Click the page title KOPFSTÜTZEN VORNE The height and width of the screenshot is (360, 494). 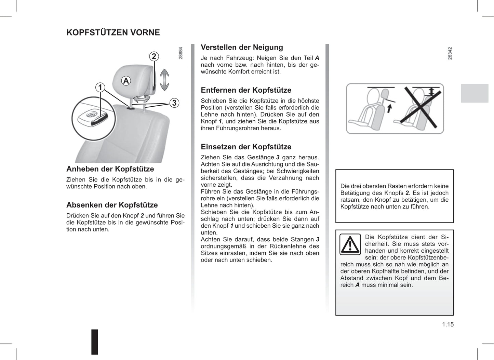click(x=113, y=32)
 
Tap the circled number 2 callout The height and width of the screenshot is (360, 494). click(x=154, y=56)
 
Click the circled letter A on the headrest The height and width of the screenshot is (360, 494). click(x=126, y=81)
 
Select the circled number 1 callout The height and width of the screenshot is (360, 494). click(x=100, y=88)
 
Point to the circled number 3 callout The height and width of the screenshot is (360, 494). click(x=174, y=103)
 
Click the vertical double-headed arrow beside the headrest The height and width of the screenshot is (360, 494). click(x=164, y=79)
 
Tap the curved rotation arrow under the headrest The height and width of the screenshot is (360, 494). click(x=141, y=99)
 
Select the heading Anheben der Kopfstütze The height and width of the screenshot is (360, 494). click(x=110, y=169)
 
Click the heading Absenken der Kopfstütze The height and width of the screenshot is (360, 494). click(x=112, y=205)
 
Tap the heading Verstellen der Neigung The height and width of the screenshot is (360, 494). click(x=242, y=48)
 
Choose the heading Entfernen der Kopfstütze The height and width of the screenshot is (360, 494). click(x=246, y=90)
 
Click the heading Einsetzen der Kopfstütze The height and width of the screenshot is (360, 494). click(x=246, y=147)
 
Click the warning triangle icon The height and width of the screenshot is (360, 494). click(x=350, y=244)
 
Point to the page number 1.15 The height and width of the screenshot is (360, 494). click(x=448, y=324)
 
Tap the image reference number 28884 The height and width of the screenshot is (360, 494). click(x=181, y=53)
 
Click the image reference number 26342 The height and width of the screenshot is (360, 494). click(x=450, y=54)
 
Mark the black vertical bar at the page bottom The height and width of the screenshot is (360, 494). click(x=95, y=342)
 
